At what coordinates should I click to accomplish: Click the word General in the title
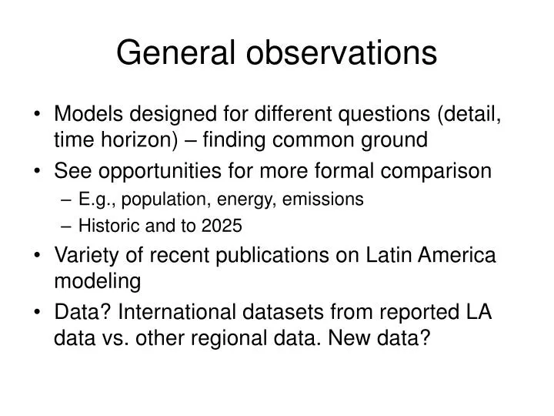click(169, 53)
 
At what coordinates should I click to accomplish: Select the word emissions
click(322, 200)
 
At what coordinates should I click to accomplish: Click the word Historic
click(105, 226)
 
